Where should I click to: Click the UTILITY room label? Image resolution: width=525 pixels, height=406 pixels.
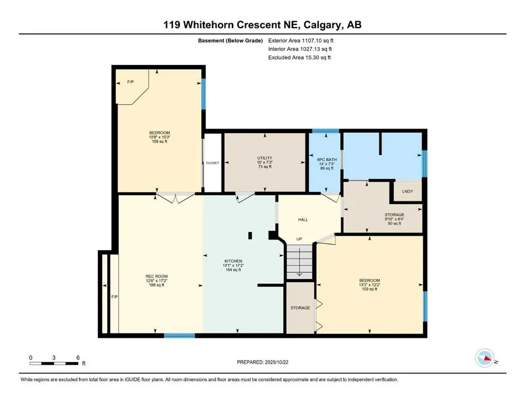point(264,158)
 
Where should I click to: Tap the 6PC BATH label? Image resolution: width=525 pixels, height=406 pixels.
point(324,159)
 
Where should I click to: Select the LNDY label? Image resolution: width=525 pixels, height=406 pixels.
point(408,191)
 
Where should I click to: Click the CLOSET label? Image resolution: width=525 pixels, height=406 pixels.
point(212,163)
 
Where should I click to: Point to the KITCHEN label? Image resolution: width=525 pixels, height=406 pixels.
point(233,261)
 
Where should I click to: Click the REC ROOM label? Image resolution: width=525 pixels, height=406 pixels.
point(155,276)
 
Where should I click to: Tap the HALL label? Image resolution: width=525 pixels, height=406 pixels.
point(303,219)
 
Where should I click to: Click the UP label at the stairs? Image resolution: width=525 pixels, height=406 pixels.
point(299,239)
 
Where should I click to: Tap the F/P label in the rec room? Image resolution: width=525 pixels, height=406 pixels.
point(114,297)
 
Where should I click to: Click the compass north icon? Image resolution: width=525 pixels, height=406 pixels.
point(484,359)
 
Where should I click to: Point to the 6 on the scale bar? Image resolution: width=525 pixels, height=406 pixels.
point(78,357)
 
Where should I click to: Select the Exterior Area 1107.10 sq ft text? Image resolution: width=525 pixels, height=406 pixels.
point(301,40)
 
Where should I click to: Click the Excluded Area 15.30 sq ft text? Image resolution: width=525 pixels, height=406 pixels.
point(300,58)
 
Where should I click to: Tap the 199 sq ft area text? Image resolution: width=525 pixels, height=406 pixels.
point(155,285)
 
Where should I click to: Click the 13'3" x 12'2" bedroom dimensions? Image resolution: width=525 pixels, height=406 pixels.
point(370,285)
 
